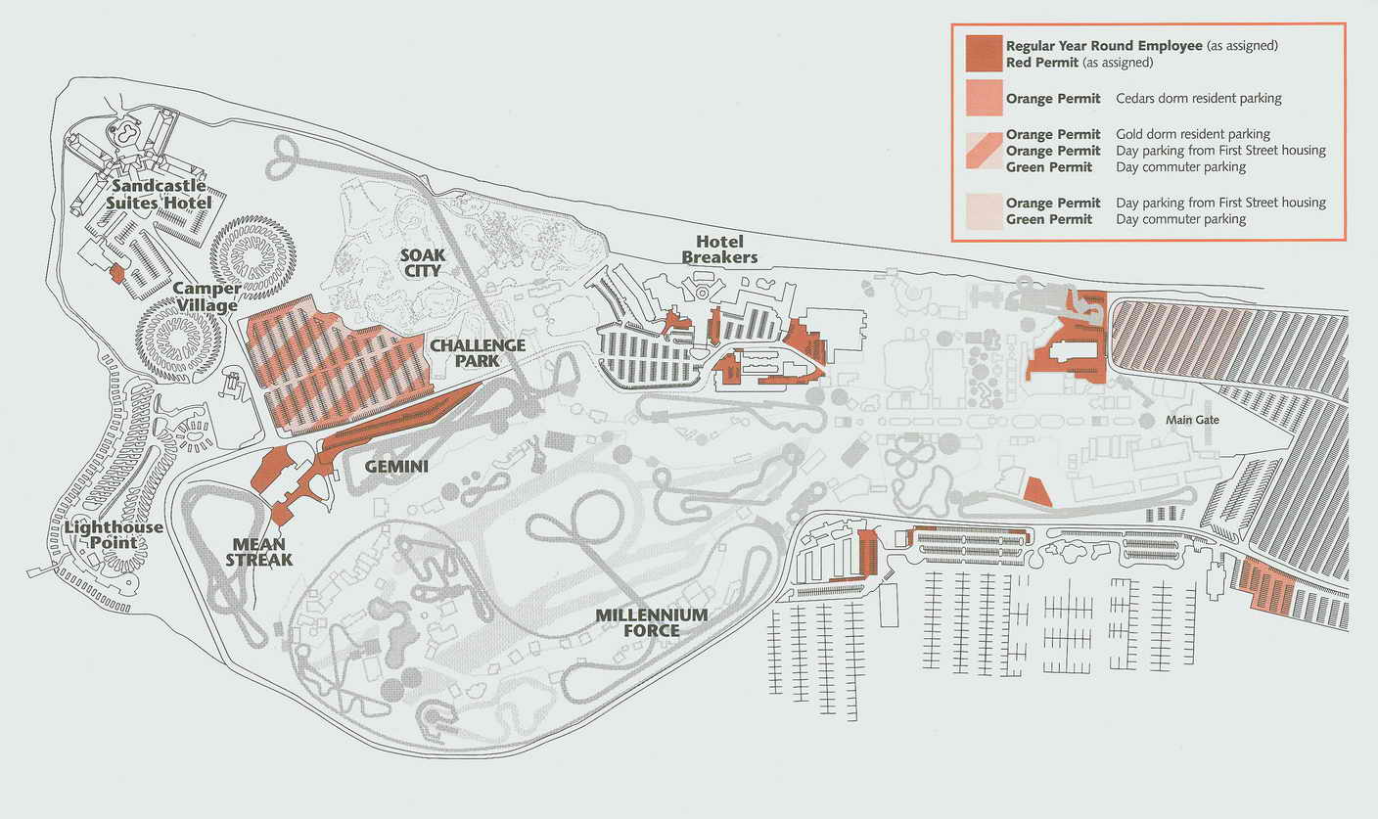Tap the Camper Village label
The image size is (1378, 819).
206,297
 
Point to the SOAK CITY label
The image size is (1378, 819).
423,262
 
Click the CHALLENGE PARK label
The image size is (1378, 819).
478,353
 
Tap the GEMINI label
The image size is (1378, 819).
396,467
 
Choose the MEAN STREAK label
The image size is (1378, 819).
258,553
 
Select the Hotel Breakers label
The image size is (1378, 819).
726,249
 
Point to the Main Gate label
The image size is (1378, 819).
1191,420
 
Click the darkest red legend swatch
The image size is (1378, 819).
984,54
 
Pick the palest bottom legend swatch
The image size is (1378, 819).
984,210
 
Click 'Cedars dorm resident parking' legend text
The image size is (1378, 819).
1198,98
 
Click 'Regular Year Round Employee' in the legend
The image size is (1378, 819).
1097,46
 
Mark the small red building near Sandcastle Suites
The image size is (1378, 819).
116,274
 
